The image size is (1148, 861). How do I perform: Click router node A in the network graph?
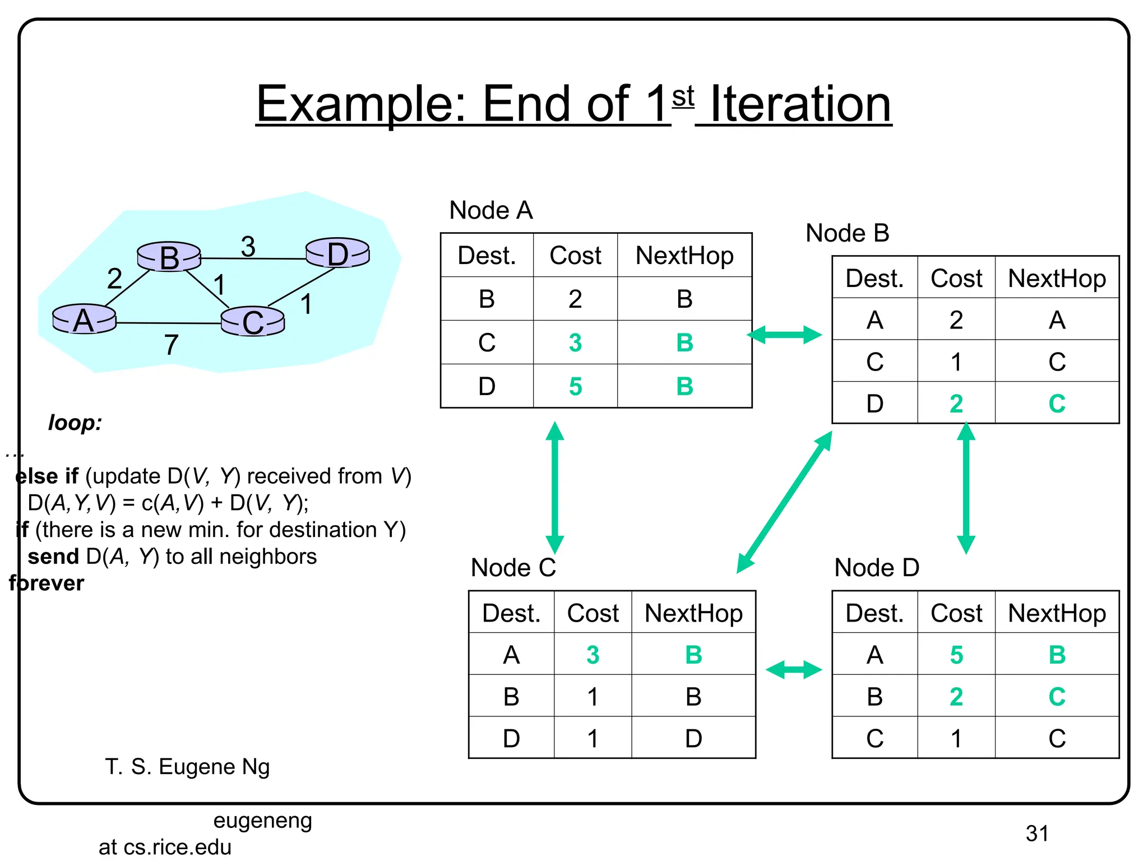84,320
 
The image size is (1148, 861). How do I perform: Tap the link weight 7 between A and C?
171,345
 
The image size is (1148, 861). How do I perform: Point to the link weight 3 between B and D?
248,246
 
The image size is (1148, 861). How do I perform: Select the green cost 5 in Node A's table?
575,386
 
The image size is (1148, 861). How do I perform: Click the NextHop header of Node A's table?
684,256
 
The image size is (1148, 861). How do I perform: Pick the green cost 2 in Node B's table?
956,404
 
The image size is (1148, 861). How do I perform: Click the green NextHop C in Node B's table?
1057,404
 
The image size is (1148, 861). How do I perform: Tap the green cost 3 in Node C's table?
592,655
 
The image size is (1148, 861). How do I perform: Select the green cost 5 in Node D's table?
956,655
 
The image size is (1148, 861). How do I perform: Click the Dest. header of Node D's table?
874,613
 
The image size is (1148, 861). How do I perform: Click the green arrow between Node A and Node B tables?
785,335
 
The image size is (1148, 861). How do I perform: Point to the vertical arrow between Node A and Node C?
554,488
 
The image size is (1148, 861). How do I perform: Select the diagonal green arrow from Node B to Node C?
784,502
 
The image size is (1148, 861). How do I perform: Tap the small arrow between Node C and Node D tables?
793,669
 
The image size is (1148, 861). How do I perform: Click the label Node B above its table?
847,233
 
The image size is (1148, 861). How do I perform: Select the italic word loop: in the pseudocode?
75,423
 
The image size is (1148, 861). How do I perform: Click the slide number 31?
1036,834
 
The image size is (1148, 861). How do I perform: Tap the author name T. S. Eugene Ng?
187,767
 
